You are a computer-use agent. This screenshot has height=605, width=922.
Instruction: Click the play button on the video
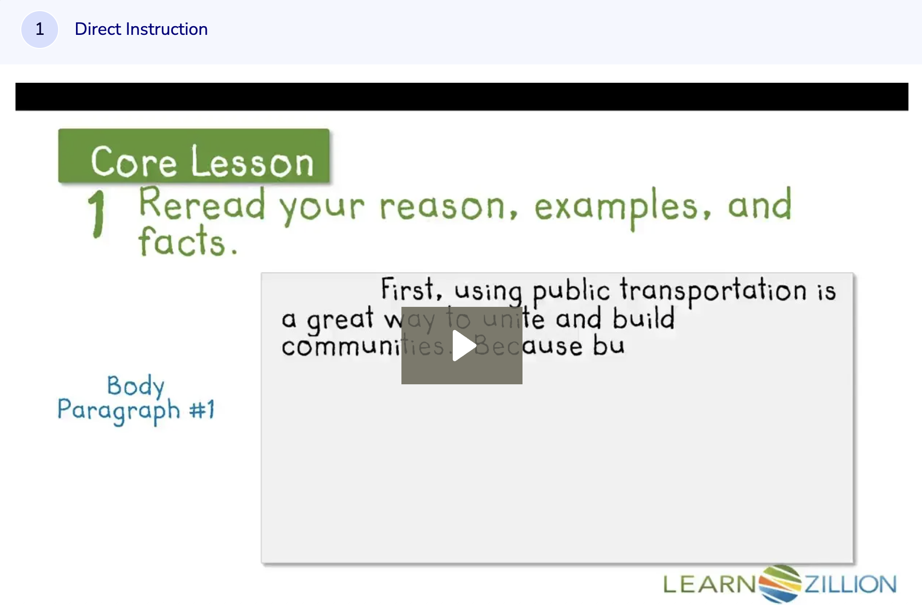pyautogui.click(x=462, y=346)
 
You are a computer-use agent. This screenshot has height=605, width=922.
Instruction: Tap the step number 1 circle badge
pyautogui.click(x=40, y=30)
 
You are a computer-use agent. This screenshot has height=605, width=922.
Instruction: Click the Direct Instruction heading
pyautogui.click(x=141, y=30)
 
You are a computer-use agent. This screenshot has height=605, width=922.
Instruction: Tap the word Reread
pyautogui.click(x=202, y=205)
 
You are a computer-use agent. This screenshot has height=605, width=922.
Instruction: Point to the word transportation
pyautogui.click(x=713, y=290)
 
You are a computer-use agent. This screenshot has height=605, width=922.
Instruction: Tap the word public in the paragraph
pyautogui.click(x=570, y=291)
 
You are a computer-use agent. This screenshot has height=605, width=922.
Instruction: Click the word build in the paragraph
pyautogui.click(x=643, y=318)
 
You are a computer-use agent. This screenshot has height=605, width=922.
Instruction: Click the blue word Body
pyautogui.click(x=136, y=386)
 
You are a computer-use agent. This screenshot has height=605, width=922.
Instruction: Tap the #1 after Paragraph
pyautogui.click(x=201, y=410)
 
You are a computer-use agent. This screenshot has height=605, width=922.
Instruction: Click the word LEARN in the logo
pyautogui.click(x=709, y=584)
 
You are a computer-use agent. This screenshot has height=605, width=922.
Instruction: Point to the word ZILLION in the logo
pyautogui.click(x=850, y=584)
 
